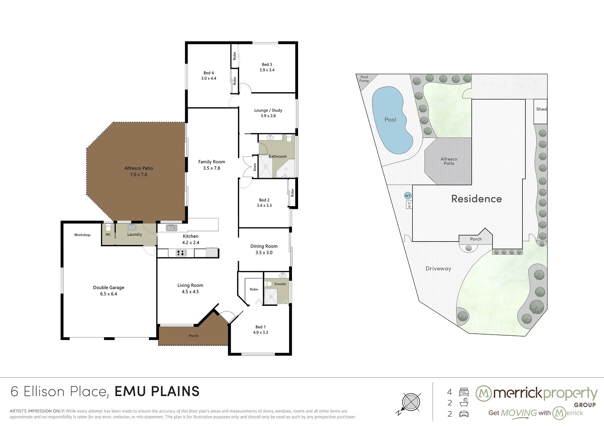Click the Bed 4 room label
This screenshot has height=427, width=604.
[209, 73]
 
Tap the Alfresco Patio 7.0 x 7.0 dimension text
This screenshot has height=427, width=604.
[139, 175]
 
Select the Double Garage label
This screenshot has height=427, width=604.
[108, 287]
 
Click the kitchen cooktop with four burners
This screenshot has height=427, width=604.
[181, 253]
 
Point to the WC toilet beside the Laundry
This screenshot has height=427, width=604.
[108, 227]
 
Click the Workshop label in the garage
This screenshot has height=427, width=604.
[82, 235]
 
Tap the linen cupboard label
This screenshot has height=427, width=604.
[255, 167]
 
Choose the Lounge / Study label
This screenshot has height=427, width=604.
[268, 110]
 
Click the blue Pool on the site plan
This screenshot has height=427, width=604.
[392, 120]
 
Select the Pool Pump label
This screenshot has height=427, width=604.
[364, 79]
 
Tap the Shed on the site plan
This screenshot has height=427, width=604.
[541, 111]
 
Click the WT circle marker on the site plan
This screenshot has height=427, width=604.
[408, 196]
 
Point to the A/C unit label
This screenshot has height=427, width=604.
[409, 205]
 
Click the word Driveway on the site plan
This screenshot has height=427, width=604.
[438, 268]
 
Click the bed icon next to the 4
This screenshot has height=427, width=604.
[464, 392]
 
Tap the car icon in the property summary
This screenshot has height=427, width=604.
[464, 414]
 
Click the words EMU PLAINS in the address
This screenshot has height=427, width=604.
[157, 391]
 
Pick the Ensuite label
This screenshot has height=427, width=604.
[280, 284]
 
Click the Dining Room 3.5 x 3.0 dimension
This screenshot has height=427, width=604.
[264, 252]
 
